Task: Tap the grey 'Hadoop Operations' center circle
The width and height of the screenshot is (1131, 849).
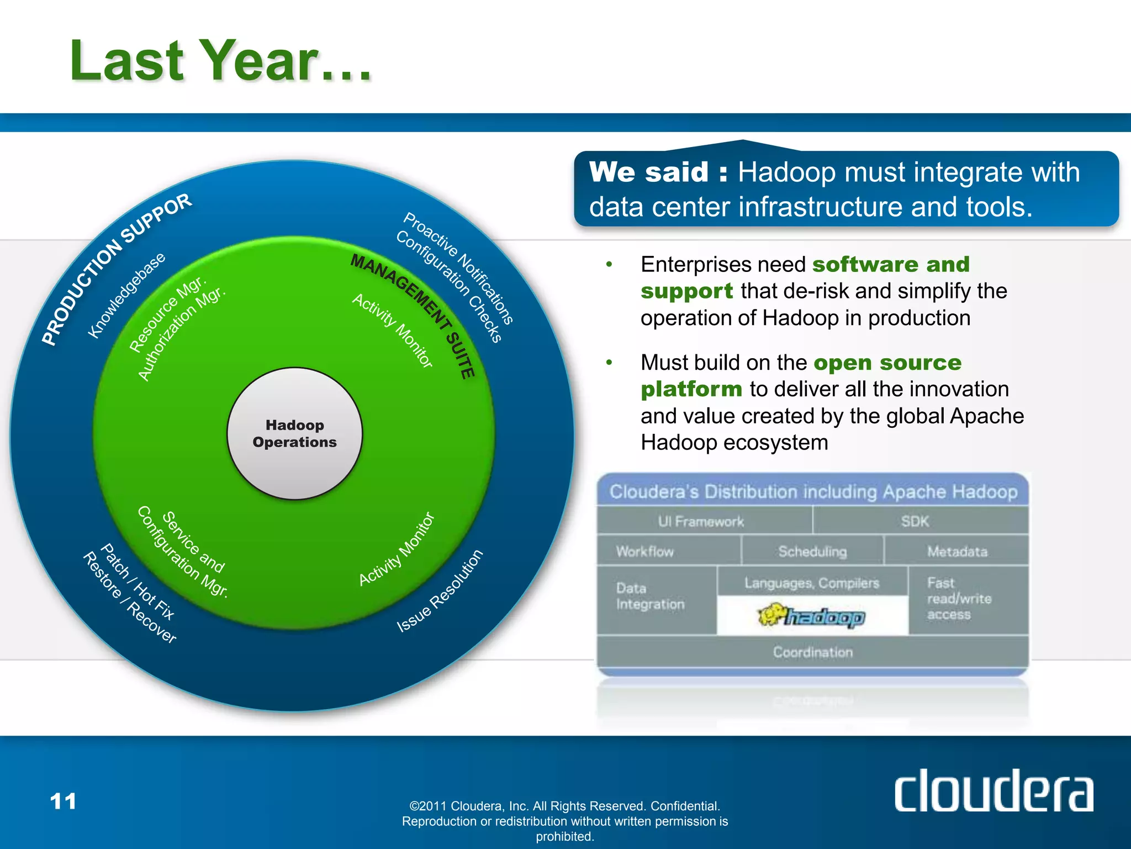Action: (x=294, y=433)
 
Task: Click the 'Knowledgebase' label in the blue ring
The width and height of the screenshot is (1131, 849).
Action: (x=126, y=295)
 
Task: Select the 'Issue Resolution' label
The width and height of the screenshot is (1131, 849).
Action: (x=440, y=591)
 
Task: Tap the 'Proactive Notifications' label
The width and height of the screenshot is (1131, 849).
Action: (x=459, y=268)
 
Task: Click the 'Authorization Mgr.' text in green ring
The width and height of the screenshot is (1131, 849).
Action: (x=182, y=334)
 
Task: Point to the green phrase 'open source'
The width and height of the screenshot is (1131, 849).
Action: (x=887, y=363)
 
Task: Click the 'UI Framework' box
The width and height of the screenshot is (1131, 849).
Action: (x=701, y=521)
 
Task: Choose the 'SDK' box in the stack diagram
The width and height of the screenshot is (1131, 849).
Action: (x=915, y=521)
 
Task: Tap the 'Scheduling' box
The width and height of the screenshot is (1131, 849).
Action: (x=812, y=551)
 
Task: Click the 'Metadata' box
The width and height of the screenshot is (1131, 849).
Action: (x=957, y=551)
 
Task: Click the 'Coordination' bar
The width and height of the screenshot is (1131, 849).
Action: (x=812, y=652)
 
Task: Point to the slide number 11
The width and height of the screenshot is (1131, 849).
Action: (x=63, y=801)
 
